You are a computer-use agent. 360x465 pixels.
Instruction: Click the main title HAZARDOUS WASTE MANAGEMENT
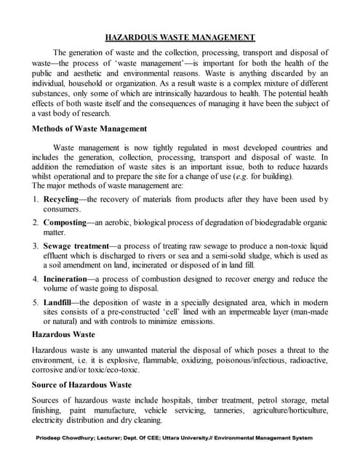[180, 37]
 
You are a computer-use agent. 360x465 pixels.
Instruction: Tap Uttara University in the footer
[190, 438]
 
